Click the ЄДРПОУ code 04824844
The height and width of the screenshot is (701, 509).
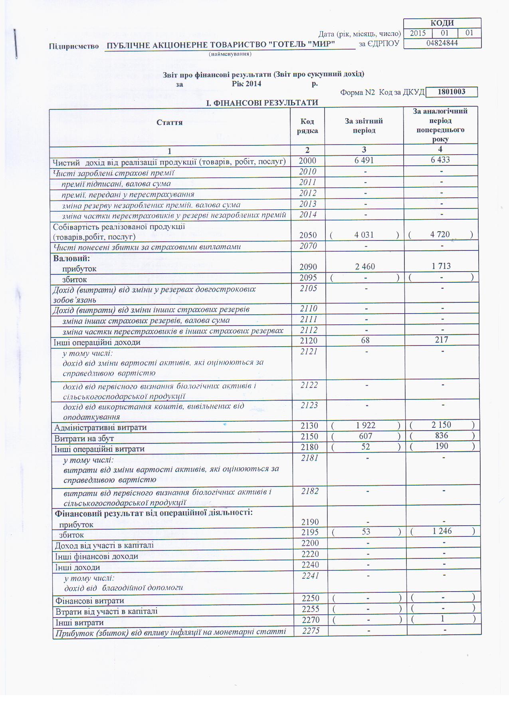pyautogui.click(x=442, y=43)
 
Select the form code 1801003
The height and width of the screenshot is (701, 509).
pyautogui.click(x=452, y=92)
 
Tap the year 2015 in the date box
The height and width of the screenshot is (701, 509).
pyautogui.click(x=418, y=33)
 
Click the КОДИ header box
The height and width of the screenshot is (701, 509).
pyautogui.click(x=442, y=23)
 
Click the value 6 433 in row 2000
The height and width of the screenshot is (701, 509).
pyautogui.click(x=440, y=160)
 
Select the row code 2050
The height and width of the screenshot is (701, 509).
pyautogui.click(x=308, y=235)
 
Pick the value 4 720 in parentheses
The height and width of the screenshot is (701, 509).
pyautogui.click(x=440, y=234)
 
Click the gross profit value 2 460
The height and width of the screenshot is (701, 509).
pyautogui.click(x=365, y=266)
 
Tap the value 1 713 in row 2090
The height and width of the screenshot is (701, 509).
pyautogui.click(x=441, y=266)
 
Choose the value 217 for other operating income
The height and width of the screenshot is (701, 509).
pyautogui.click(x=442, y=340)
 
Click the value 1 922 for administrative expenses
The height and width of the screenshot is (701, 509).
pyautogui.click(x=365, y=425)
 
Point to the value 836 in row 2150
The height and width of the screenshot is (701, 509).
pyautogui.click(x=442, y=436)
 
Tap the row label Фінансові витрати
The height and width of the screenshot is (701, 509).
pyautogui.click(x=90, y=601)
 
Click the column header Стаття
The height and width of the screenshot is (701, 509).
pyautogui.click(x=170, y=123)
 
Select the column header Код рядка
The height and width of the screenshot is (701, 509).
pyautogui.click(x=307, y=126)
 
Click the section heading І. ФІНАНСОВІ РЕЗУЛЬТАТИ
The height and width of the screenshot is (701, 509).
pyautogui.click(x=262, y=103)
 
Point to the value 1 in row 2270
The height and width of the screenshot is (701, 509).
pyautogui.click(x=442, y=619)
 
